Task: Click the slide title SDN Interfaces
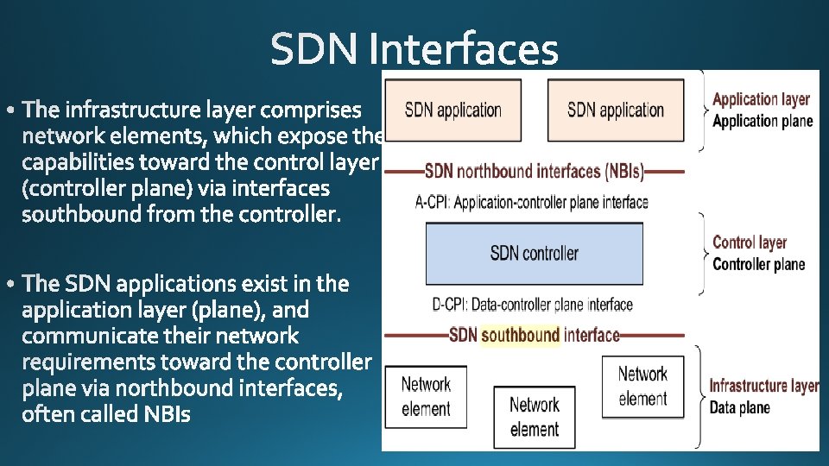coord(414,49)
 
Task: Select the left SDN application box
coord(452,110)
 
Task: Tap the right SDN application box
coord(616,110)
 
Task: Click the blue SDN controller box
coord(534,253)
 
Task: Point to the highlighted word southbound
coord(521,334)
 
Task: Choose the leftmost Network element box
coord(426,396)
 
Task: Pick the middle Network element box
coord(534,416)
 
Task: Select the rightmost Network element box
coord(642,386)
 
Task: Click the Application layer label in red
coord(761,99)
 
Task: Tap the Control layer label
coord(750,242)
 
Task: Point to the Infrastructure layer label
coord(763,386)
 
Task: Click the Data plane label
coord(739,407)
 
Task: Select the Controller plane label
coord(758,264)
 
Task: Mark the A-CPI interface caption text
coord(532,202)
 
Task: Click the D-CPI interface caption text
coord(532,304)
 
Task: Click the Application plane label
coord(763,121)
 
